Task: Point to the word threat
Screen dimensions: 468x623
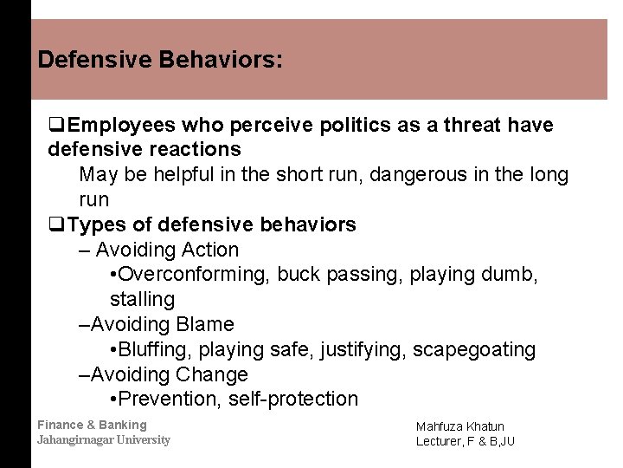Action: tap(465, 126)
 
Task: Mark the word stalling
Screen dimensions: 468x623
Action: tap(142, 300)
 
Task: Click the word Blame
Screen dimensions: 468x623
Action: tap(204, 325)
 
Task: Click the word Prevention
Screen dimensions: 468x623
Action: tap(168, 400)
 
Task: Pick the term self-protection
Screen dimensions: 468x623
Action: tap(293, 400)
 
